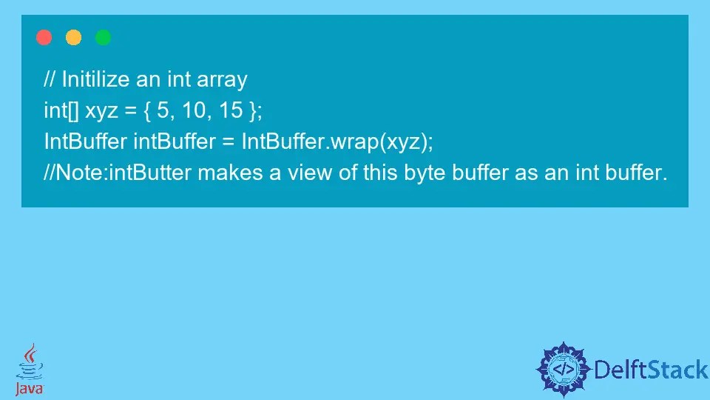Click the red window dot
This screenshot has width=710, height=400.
pos(44,38)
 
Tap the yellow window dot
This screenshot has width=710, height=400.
pos(74,38)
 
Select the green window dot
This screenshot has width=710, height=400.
pos(104,38)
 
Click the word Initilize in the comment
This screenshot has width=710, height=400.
pos(95,79)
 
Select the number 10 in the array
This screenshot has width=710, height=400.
pos(196,111)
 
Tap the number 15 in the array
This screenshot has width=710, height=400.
pos(231,111)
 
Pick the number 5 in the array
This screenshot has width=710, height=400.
pos(163,111)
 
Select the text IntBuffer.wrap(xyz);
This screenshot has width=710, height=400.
pos(337,142)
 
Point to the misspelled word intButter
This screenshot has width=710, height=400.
pos(151,174)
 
